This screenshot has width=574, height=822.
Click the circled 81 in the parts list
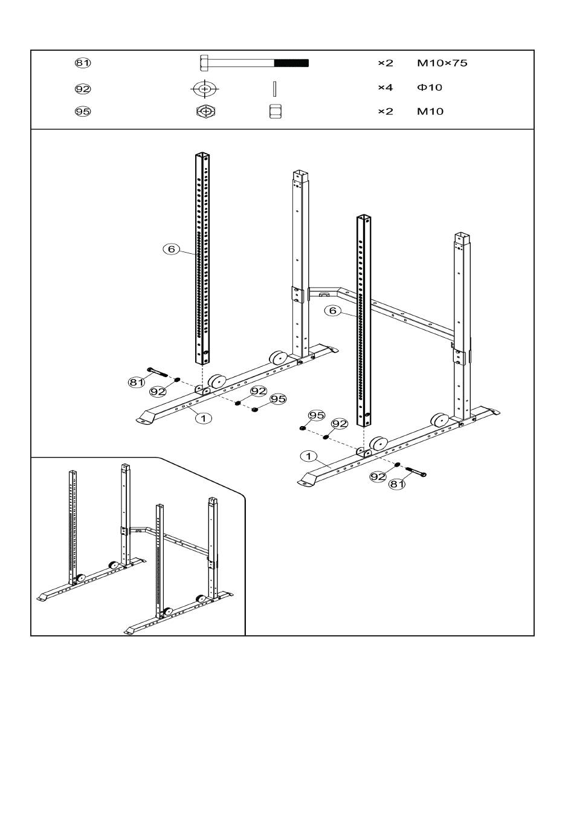coord(83,63)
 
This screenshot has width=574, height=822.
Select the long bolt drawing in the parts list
coord(254,63)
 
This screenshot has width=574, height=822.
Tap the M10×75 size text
coord(442,63)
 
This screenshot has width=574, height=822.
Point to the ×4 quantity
coord(385,87)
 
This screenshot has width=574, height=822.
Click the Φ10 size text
coord(430,87)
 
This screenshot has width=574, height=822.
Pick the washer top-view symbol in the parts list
coord(205,89)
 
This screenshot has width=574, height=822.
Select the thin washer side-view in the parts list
coord(275,89)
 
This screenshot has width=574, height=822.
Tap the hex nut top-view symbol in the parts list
coord(206,111)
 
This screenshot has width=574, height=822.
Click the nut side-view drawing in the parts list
coord(275,111)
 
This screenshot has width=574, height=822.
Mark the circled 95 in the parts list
coord(83,111)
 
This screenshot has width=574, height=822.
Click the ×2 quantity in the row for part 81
coord(385,63)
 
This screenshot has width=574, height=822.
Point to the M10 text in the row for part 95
coord(430,111)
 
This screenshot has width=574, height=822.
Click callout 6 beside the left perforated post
coord(171,249)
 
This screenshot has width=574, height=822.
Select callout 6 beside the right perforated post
coord(333,311)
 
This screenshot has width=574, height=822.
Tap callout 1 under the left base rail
coord(204,418)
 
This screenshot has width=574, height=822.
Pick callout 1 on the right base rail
coord(309,456)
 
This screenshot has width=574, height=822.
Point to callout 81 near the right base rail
coord(397,484)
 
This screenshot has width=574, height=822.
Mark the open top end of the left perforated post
coord(202,155)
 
